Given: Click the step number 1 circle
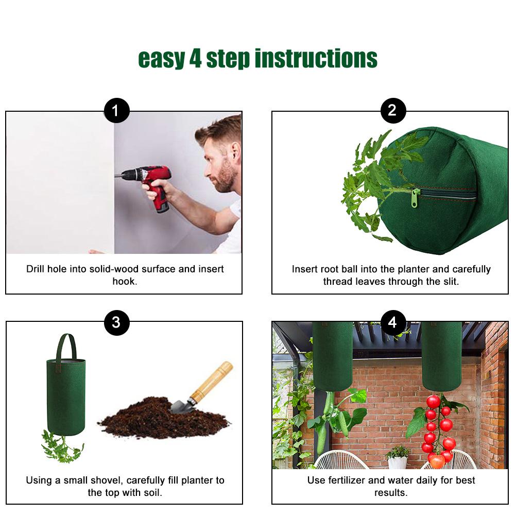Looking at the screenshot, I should pyautogui.click(x=116, y=111).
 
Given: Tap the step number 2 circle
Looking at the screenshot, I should pyautogui.click(x=393, y=111).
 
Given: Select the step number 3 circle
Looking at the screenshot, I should pyautogui.click(x=116, y=322).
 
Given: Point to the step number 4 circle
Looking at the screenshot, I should pyautogui.click(x=393, y=322).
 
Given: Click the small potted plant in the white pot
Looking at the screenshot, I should pyautogui.click(x=398, y=456).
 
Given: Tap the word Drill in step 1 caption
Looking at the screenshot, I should pyautogui.click(x=37, y=269).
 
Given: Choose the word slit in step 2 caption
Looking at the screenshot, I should pyautogui.click(x=448, y=281).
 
